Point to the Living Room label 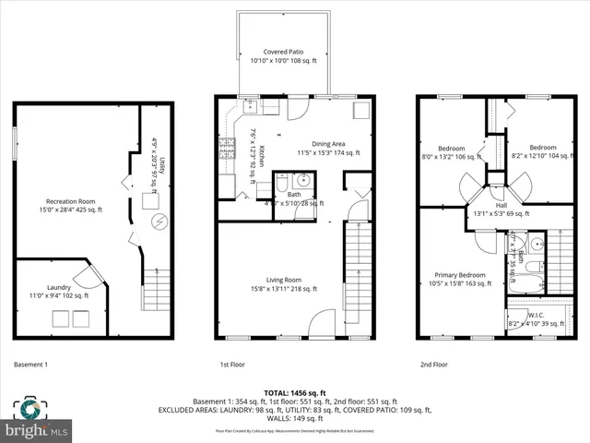(x=284, y=280)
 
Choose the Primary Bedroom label (x=459, y=275)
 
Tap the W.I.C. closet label (x=534, y=315)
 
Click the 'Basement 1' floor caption (x=30, y=365)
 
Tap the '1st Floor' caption (x=231, y=365)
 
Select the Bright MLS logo (x=37, y=421)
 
